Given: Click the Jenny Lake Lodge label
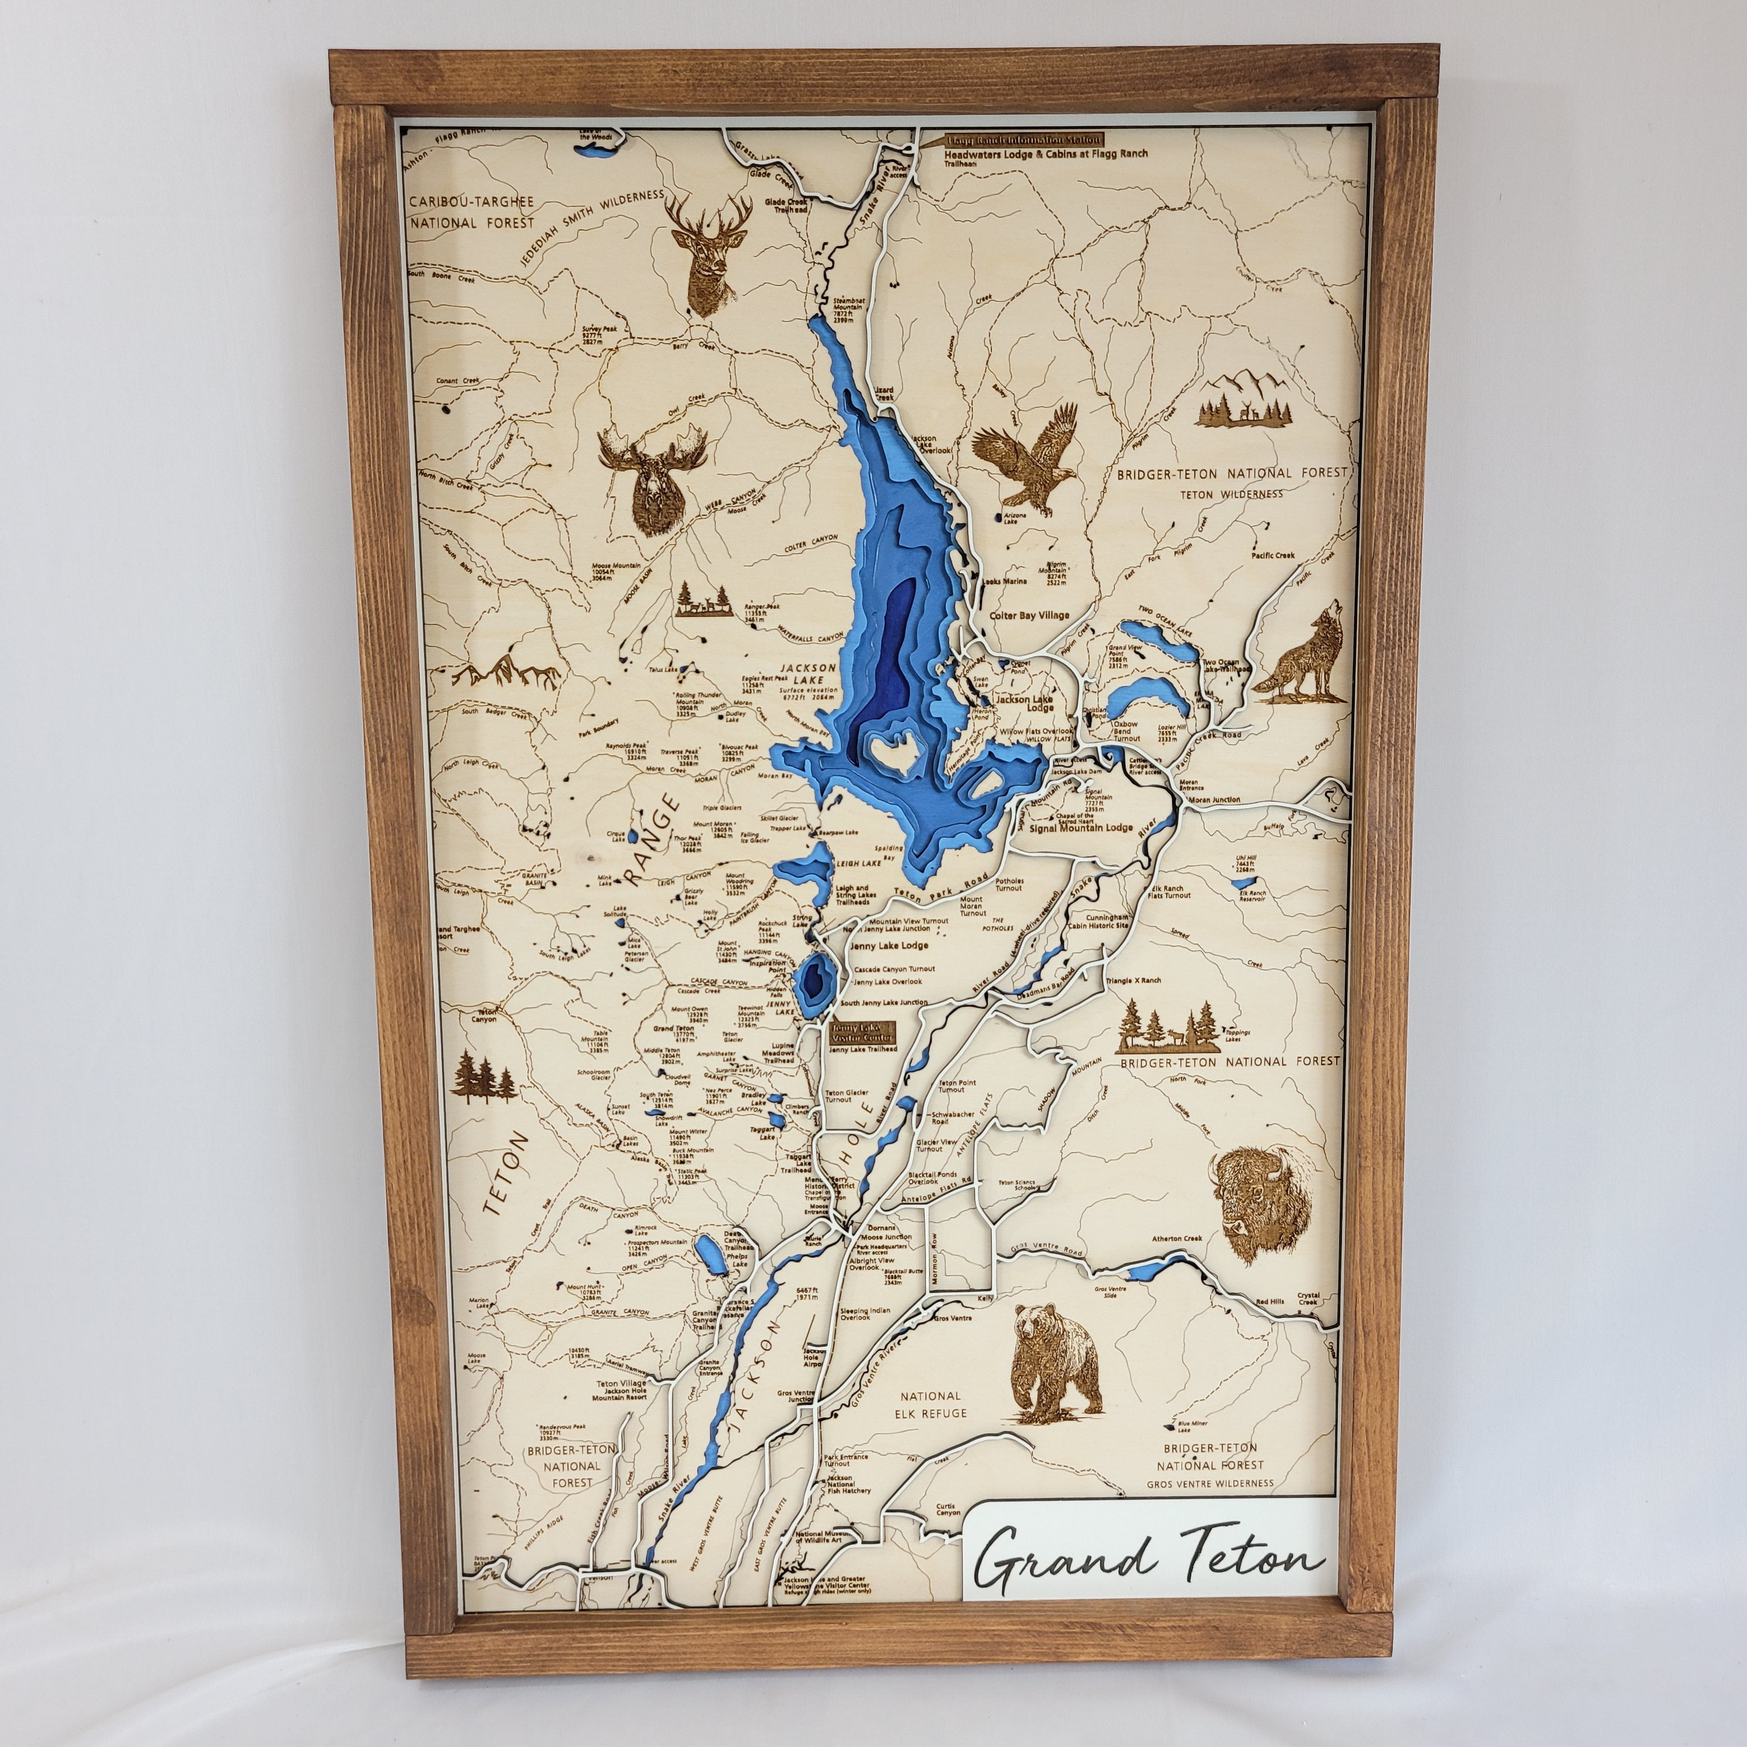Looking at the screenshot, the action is [890, 945].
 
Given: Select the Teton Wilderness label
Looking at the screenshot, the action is [1232, 494].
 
